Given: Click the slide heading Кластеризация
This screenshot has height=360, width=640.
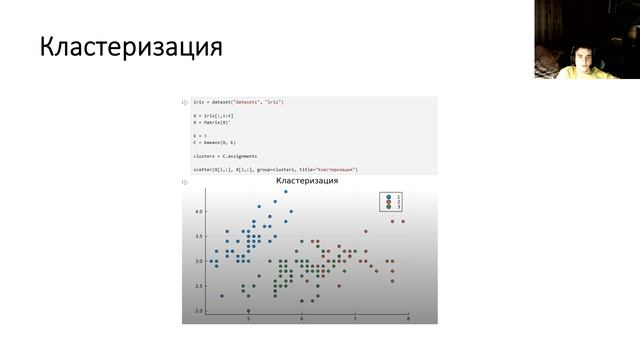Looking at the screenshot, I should tap(130, 47).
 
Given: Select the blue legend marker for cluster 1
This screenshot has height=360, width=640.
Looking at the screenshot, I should tap(387, 195).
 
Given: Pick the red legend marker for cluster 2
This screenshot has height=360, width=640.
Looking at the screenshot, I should tap(387, 201).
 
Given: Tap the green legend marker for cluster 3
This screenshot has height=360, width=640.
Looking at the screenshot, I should tap(387, 207).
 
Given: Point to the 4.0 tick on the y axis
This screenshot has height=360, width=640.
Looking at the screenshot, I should tap(199, 212).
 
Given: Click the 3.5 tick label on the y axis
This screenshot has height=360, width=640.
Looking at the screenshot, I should tap(199, 237).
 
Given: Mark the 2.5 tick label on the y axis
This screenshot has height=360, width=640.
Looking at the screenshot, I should tap(199, 286).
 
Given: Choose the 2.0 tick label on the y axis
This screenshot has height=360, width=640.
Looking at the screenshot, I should tap(199, 311).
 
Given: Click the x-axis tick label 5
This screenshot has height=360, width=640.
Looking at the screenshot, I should tap(248, 318).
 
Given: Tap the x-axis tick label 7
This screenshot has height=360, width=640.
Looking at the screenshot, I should tap(355, 318).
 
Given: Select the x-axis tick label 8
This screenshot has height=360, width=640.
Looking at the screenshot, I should tap(408, 318).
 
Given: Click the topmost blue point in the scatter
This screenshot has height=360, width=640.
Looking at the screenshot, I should tap(285, 192).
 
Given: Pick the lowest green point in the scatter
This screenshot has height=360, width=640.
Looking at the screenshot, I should tap(248, 311).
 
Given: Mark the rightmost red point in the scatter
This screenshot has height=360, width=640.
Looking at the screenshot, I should tap(403, 221).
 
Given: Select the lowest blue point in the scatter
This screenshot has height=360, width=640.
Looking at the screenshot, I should tap(222, 296).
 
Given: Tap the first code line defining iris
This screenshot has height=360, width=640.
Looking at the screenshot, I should tap(239, 103).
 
